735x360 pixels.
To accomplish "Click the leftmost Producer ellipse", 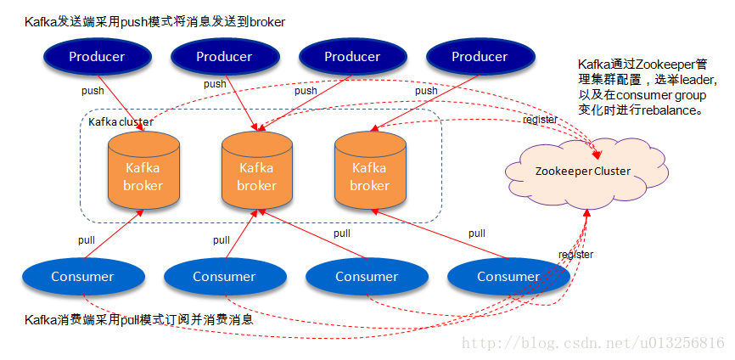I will tap(96, 57).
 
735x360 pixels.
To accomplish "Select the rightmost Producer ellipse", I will tap(479, 57).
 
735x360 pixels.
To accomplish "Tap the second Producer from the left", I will tap(224, 57).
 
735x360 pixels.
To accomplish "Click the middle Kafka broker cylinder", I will tap(256, 173).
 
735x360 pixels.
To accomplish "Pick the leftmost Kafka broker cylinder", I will tap(143, 173).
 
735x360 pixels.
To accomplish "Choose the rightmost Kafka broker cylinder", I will tap(369, 173).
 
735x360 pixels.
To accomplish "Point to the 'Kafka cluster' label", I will tap(121, 122).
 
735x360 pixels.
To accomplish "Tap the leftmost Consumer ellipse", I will tap(82, 276).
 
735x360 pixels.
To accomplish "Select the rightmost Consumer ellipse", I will tap(508, 276).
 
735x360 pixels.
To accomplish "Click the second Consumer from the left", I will tap(224, 276).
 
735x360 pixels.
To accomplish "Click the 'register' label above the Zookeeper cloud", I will tap(540, 120).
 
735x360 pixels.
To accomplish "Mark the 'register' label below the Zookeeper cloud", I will tap(575, 254).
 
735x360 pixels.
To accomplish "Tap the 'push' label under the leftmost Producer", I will tap(93, 91).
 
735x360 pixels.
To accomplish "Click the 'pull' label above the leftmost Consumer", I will tap(87, 240).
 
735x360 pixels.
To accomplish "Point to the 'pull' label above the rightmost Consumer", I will tap(477, 233).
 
